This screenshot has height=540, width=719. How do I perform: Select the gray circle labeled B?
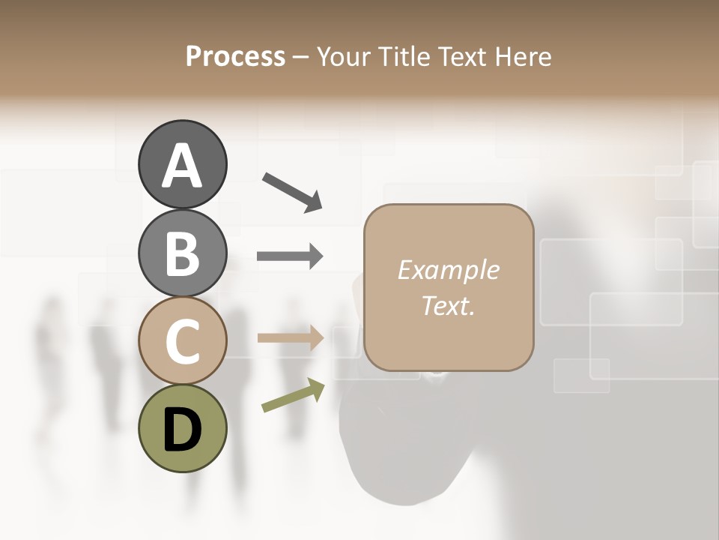[182, 253]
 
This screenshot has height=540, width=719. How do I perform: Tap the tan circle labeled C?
[182, 341]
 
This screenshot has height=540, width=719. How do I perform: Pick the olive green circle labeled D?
[182, 428]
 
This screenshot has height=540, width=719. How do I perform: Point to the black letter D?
[182, 430]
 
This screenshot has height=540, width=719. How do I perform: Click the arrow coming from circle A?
[291, 190]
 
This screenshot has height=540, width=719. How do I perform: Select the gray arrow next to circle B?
[290, 256]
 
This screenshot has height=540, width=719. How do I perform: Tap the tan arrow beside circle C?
[290, 338]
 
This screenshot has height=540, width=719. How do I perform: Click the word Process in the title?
[235, 56]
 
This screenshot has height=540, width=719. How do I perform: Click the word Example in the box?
[448, 270]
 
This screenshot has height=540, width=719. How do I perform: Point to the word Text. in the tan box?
[448, 305]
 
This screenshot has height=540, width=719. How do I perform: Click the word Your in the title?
[342, 56]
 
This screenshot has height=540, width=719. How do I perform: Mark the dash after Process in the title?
[300, 58]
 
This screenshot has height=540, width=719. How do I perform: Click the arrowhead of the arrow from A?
[313, 202]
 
